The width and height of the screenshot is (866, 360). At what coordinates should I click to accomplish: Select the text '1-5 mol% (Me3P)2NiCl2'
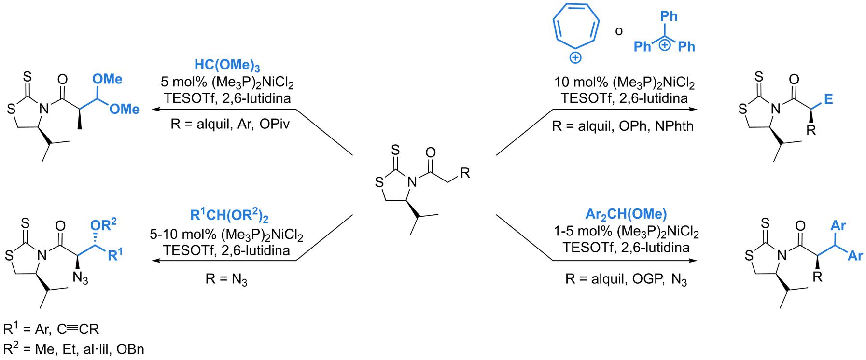[626, 233]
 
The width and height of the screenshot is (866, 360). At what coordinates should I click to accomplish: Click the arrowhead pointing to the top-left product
[157, 110]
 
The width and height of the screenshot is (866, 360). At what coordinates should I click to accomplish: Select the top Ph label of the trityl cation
[669, 16]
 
